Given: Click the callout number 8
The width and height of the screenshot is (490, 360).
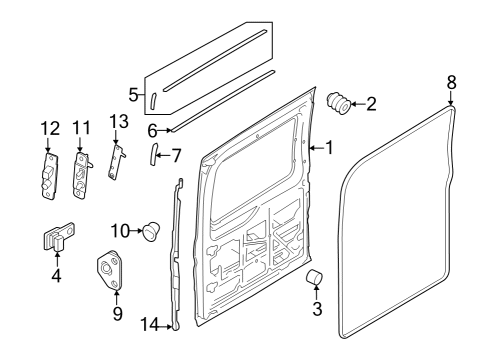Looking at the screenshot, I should (x=451, y=82).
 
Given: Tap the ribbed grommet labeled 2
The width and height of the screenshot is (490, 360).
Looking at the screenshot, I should (x=340, y=102).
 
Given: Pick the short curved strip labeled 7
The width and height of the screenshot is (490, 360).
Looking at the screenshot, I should (x=154, y=155).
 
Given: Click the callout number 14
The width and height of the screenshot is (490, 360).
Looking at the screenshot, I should (x=150, y=323).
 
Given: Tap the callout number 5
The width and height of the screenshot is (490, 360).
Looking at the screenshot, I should (x=132, y=96).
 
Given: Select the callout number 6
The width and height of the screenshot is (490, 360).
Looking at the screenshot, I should (x=153, y=129).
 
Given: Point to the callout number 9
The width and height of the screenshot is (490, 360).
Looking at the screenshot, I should (x=116, y=314).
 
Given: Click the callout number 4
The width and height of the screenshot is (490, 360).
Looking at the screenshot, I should (x=56, y=274).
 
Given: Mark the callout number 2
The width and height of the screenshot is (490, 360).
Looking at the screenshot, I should (x=371, y=102).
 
